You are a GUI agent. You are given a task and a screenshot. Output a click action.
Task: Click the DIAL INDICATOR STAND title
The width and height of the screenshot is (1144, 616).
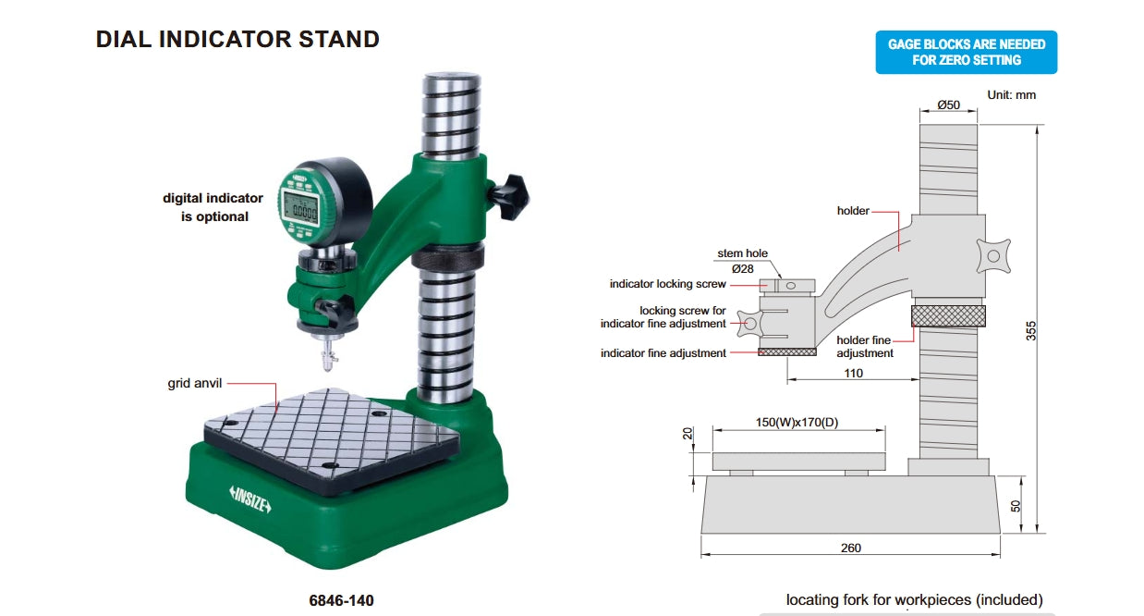coord(237,40)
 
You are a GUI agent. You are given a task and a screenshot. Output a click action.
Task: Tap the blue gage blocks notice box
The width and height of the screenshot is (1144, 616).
coord(967,52)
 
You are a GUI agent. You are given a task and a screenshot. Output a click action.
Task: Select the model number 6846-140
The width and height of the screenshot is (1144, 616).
coord(341,600)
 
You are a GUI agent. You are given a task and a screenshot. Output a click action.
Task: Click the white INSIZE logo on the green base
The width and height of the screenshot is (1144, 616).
coord(249,499)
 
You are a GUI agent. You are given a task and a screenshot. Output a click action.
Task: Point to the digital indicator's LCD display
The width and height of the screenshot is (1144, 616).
coord(301,208)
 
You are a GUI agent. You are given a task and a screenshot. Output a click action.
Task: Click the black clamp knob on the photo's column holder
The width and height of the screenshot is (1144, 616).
coord(508,196)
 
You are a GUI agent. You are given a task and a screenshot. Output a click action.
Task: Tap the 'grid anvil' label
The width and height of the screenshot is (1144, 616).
coord(195,383)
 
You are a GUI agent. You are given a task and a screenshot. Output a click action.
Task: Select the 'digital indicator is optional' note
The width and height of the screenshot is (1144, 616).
coord(213,207)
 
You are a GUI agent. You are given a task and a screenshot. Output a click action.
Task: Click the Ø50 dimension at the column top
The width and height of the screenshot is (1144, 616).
coord(948,105)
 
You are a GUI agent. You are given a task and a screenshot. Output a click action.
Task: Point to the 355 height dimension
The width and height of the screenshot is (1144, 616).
coord(1031,330)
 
